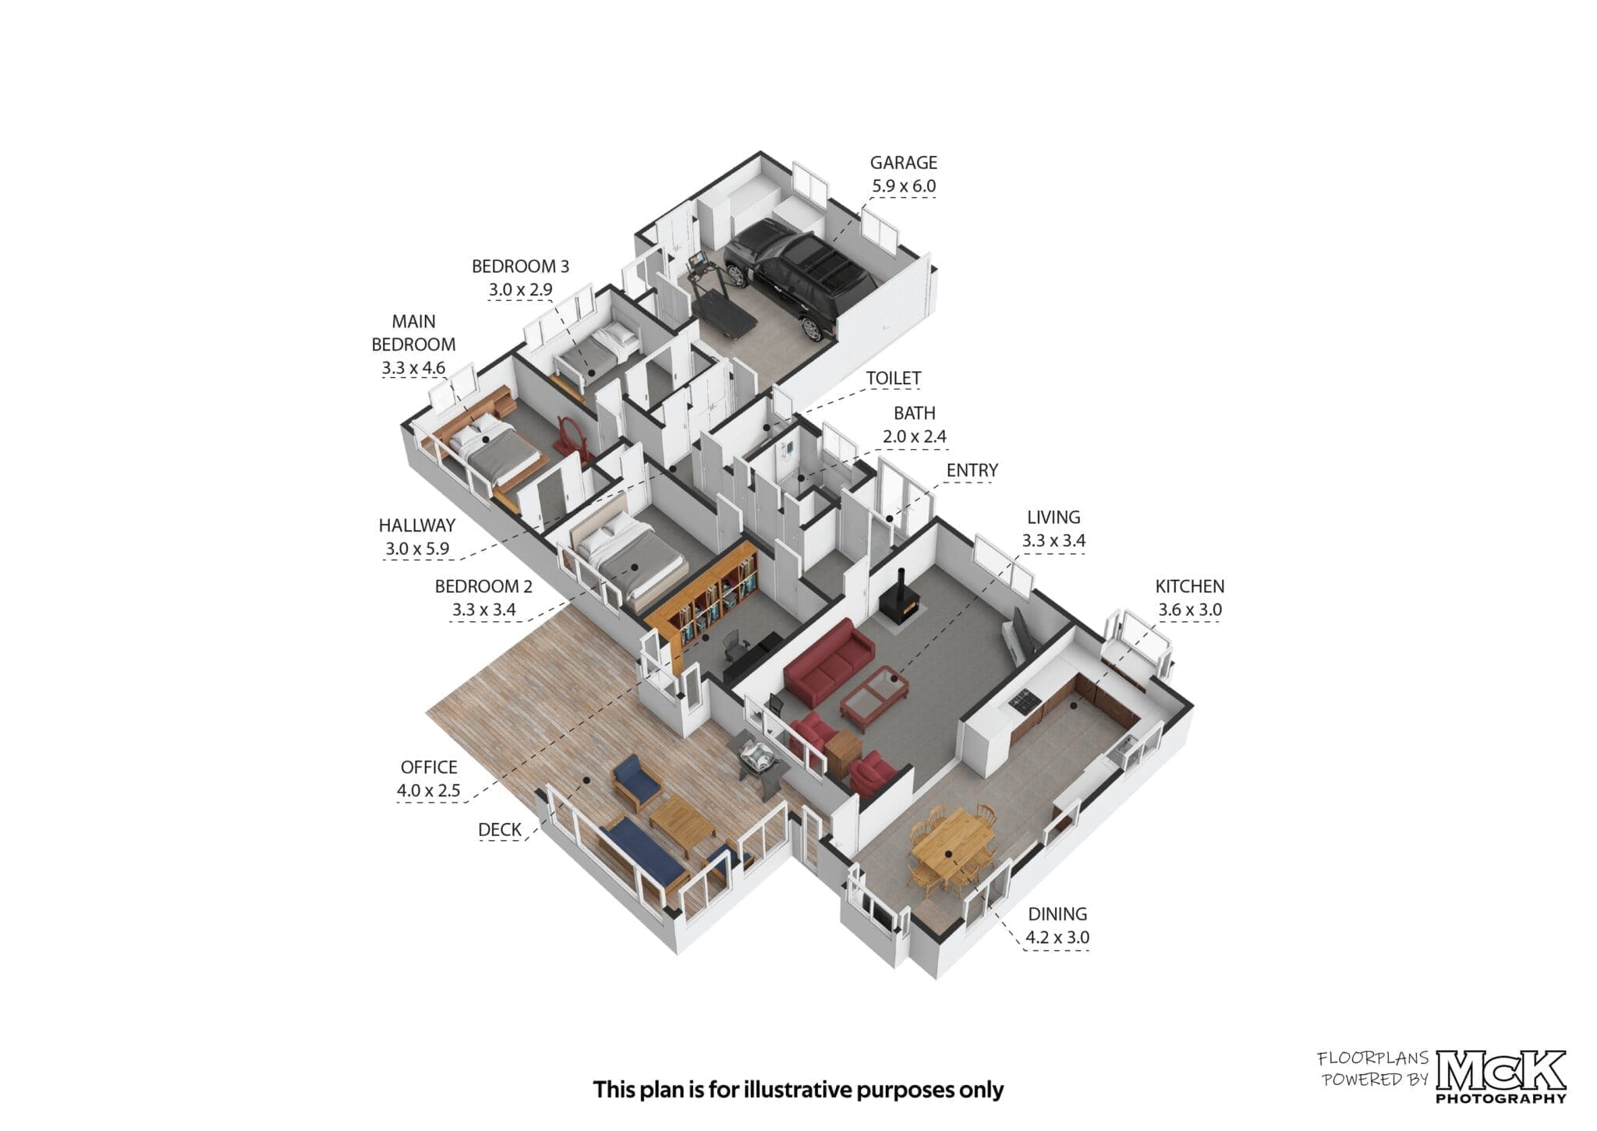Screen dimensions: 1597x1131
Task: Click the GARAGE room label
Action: (x=904, y=163)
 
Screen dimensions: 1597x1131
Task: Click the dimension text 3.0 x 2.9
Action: (x=520, y=290)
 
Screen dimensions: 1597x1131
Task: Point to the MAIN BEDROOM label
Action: (x=413, y=333)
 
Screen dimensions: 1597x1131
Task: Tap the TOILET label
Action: (x=894, y=378)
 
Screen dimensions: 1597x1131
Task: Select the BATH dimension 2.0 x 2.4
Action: (x=915, y=436)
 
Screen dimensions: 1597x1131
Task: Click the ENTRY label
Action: (x=972, y=471)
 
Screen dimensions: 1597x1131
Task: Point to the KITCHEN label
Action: (x=1190, y=586)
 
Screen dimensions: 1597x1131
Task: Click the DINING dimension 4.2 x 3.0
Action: (x=1057, y=937)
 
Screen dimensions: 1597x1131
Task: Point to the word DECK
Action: (x=499, y=829)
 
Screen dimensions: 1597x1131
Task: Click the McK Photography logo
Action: (x=1501, y=1076)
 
